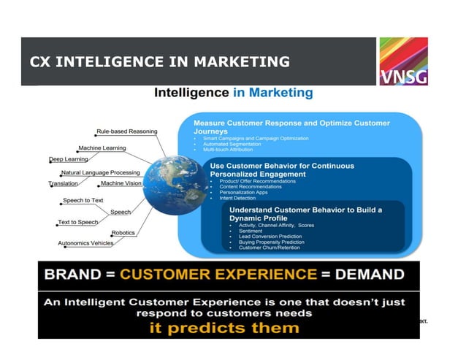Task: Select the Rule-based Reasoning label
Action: pos(126,131)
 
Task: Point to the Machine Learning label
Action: pos(102,148)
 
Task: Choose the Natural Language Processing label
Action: pos(101,172)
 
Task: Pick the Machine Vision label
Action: pos(121,183)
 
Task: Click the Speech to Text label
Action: pos(83,200)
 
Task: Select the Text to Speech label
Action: pos(78,222)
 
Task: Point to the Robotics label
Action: pos(123,233)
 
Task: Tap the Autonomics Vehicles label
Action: pos(85,243)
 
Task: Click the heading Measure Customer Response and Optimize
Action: pos(291,123)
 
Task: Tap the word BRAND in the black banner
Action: pos(73,275)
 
